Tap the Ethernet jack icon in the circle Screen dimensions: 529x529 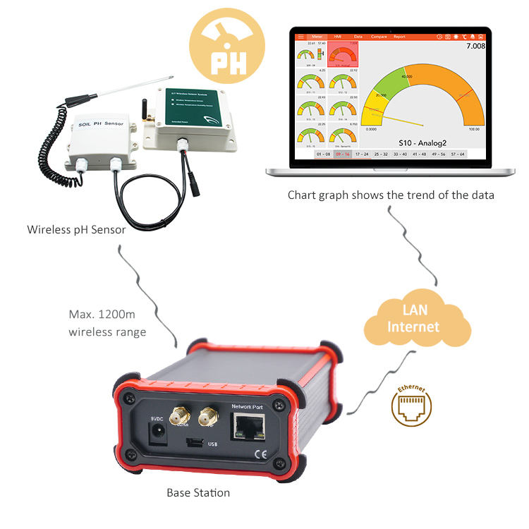pyautogui.click(x=411, y=406)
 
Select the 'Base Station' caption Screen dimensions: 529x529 pyautogui.click(x=197, y=493)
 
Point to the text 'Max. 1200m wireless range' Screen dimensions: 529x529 pyautogui.click(x=108, y=322)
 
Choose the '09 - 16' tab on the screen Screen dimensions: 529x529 pyautogui.click(x=342, y=153)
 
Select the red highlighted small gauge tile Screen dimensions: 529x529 pyautogui.click(x=344, y=53)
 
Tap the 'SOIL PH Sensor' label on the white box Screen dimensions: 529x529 pyautogui.click(x=97, y=126)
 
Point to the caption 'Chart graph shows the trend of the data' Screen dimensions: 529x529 pyautogui.click(x=391, y=195)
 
